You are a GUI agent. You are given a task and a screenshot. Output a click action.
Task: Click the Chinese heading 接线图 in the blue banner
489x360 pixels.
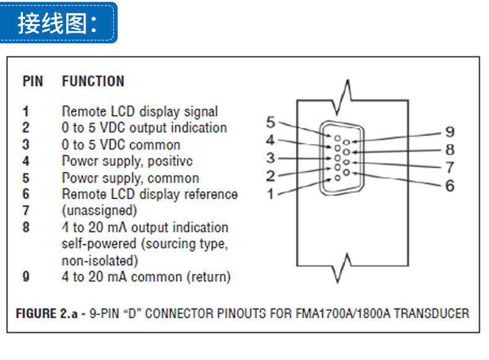tap(52, 24)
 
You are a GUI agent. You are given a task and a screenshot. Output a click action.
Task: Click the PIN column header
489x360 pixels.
tap(33, 82)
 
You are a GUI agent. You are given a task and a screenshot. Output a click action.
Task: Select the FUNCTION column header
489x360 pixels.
tap(93, 82)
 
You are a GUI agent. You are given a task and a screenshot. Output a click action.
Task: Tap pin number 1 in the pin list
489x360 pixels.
tap(25, 111)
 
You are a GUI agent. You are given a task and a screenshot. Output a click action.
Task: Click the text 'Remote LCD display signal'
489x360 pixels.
tap(140, 111)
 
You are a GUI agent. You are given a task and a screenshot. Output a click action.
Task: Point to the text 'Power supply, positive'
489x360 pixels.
tap(128, 161)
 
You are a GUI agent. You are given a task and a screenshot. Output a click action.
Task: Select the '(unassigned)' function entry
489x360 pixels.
tap(100, 211)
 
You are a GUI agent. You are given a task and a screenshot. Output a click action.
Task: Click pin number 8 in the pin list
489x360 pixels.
tap(26, 227)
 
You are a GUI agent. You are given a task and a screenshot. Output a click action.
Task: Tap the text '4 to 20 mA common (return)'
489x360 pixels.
tap(146, 276)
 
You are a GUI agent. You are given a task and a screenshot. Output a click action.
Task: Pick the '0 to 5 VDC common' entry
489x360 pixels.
tap(121, 145)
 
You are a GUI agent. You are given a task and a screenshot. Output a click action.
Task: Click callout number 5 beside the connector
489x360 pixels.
tap(270, 122)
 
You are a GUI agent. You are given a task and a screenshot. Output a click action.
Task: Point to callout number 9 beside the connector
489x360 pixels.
tap(450, 132)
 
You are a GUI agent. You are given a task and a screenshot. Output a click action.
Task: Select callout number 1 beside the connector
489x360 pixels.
tap(270, 194)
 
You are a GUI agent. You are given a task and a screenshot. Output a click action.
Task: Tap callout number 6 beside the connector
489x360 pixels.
tap(450, 186)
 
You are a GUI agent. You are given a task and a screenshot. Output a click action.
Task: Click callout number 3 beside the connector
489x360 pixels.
tap(270, 158)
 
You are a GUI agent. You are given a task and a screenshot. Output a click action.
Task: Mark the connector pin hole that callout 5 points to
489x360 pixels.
tap(337, 138)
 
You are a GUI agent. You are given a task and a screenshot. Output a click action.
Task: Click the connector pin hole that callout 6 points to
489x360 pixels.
tap(346, 173)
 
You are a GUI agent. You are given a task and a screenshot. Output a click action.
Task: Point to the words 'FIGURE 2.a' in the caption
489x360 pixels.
tap(47, 314)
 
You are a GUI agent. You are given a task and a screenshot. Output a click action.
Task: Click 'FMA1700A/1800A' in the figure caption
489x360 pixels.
tap(343, 314)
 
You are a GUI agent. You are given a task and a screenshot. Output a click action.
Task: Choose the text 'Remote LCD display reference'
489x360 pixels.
tap(150, 194)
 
